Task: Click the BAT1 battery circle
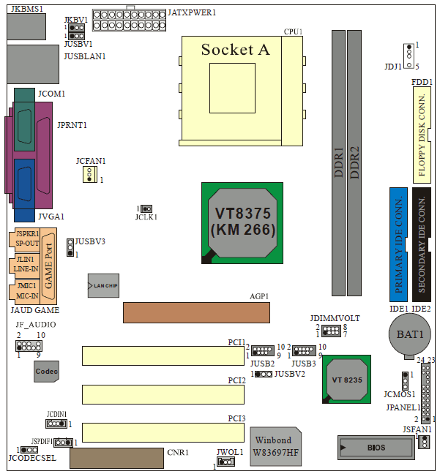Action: (x=410, y=334)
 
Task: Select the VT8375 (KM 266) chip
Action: (x=242, y=223)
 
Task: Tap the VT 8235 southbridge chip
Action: (x=346, y=380)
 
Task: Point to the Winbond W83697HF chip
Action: (x=276, y=446)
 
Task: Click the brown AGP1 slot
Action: (x=196, y=312)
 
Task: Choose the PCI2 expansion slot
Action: (x=163, y=394)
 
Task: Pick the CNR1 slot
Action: (x=117, y=459)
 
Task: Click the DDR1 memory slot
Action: (x=338, y=163)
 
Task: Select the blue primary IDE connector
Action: (x=398, y=244)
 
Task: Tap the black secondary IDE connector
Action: (x=422, y=244)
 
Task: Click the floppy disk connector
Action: (x=422, y=135)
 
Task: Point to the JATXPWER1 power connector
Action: (x=129, y=20)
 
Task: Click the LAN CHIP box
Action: (x=103, y=286)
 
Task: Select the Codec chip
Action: (x=46, y=372)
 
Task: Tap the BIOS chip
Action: (x=376, y=448)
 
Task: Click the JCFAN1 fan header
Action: (x=89, y=174)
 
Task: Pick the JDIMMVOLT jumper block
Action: (x=331, y=331)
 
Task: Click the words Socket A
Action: (x=235, y=50)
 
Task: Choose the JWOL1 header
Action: (x=226, y=462)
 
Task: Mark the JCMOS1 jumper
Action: (x=405, y=381)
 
